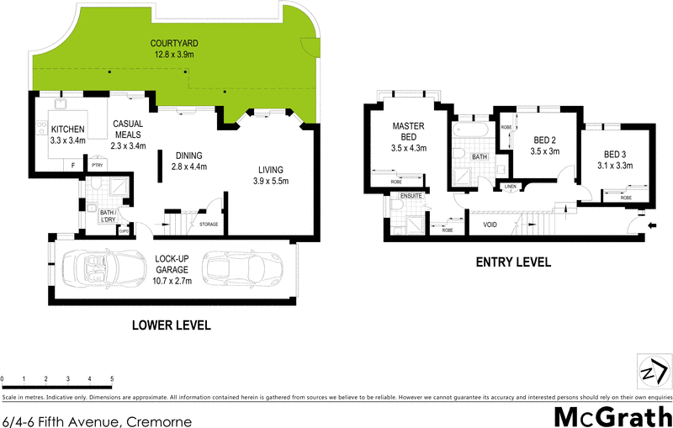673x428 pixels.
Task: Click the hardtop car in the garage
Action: pos(240,268)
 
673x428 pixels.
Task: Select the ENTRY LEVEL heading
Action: pos(513,262)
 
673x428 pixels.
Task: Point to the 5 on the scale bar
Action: pos(112,380)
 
